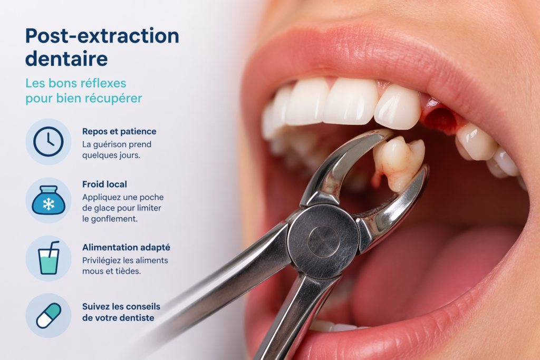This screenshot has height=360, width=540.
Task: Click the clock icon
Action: coord(48,142)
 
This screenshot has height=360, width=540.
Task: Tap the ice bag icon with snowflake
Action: coord(48,200)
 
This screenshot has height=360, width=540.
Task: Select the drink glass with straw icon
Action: coord(48,258)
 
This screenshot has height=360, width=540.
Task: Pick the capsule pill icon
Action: coord(48,315)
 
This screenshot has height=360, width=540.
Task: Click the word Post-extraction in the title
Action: coord(102,36)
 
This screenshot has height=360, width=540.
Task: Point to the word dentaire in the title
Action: coord(66,59)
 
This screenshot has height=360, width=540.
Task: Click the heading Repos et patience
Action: coord(119,131)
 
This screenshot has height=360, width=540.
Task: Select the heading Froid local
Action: coord(104,184)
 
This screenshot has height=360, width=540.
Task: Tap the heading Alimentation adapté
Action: coord(126,247)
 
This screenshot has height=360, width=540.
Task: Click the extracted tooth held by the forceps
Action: coord(399,162)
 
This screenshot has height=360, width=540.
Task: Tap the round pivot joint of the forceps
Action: coord(323,241)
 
